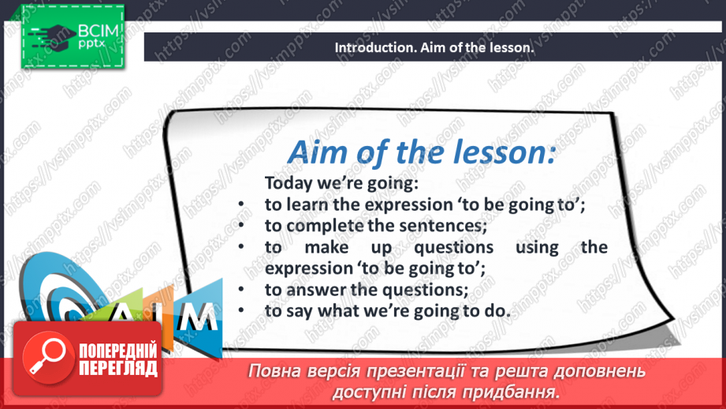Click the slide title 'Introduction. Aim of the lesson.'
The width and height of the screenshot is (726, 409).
point(434,47)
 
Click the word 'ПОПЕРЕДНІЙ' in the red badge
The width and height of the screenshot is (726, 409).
point(117,351)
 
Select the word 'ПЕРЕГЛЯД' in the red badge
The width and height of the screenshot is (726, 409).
point(117,368)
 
